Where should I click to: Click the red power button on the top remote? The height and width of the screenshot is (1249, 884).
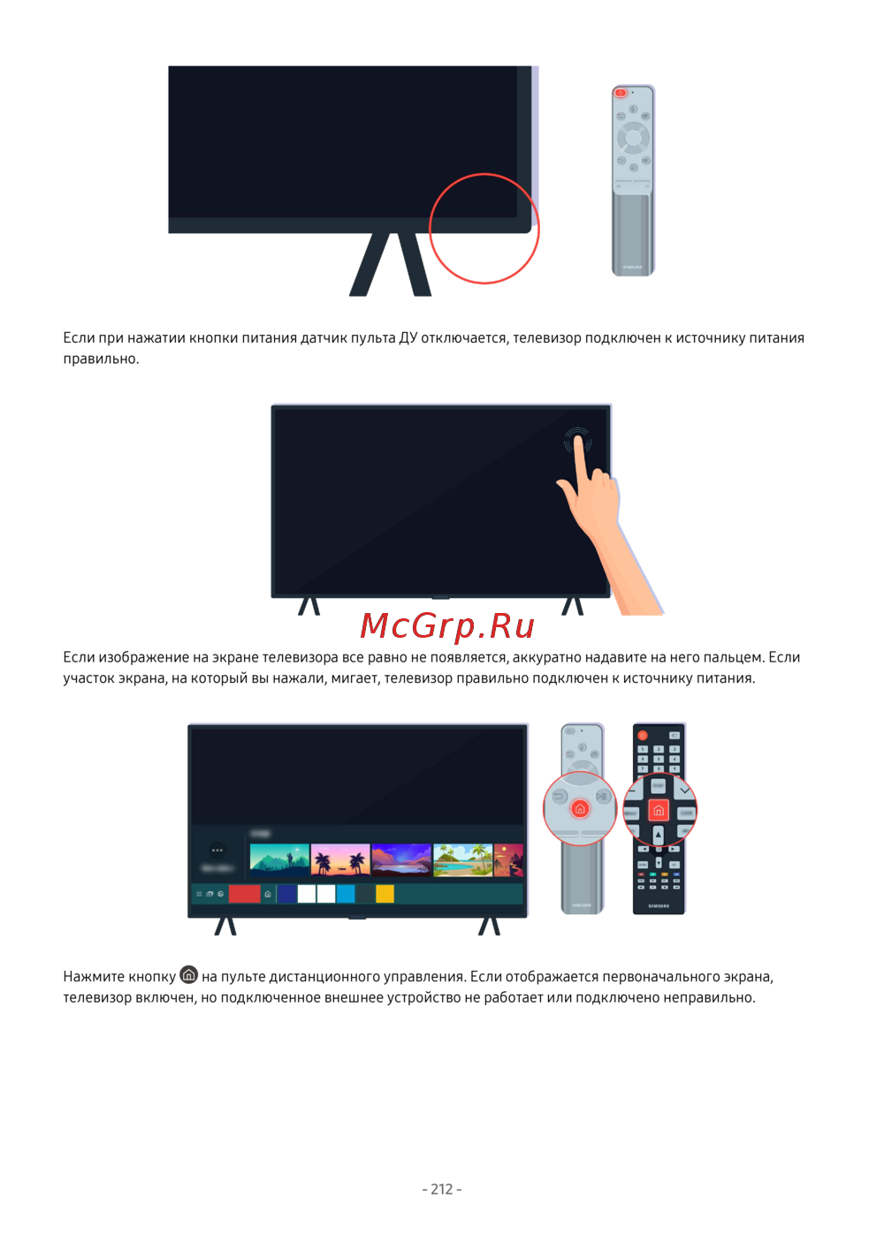click(x=620, y=93)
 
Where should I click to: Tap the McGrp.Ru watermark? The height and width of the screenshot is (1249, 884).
click(x=447, y=625)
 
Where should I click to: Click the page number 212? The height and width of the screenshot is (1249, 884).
click(x=442, y=1189)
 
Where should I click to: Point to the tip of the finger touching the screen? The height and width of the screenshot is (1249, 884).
click(x=578, y=439)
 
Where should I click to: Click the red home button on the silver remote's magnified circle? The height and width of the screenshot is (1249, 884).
click(x=580, y=808)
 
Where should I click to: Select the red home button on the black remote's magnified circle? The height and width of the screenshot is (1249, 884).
click(x=659, y=810)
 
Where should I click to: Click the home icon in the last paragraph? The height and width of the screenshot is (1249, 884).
click(x=189, y=974)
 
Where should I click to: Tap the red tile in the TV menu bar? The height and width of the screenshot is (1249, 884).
click(x=245, y=894)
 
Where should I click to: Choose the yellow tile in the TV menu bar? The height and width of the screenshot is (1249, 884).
click(x=385, y=894)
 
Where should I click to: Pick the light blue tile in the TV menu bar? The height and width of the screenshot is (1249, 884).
click(x=346, y=894)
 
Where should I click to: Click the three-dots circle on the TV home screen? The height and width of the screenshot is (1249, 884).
click(x=217, y=851)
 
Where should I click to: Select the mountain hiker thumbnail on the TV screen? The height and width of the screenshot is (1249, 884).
click(x=279, y=859)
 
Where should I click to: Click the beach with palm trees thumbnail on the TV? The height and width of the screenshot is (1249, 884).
click(x=462, y=859)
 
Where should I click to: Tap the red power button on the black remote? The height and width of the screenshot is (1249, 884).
click(x=643, y=736)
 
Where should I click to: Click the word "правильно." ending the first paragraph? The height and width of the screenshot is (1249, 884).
click(x=101, y=359)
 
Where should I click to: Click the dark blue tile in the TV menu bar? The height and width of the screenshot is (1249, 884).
click(x=286, y=894)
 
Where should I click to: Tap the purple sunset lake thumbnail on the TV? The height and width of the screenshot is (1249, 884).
click(x=401, y=859)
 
